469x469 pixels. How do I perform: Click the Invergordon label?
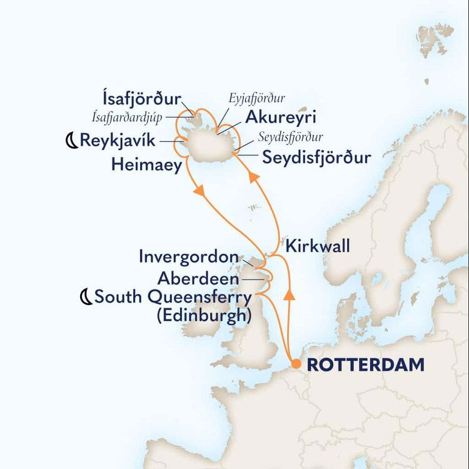pyautogui.click(x=188, y=257)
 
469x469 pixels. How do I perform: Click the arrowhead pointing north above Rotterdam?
pyautogui.click(x=289, y=294)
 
